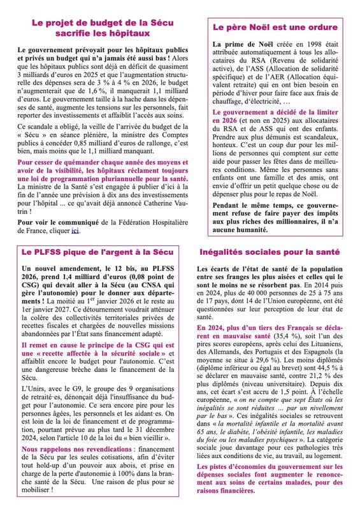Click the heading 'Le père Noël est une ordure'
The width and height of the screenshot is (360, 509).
tap(275, 28)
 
